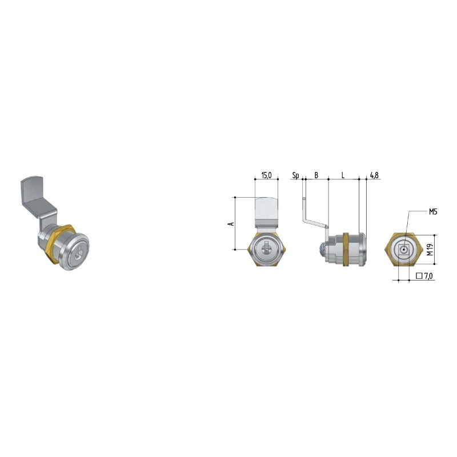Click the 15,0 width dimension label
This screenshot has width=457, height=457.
click(266, 175)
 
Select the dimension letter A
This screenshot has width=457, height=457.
click(231, 223)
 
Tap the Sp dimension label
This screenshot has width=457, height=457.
click(295, 175)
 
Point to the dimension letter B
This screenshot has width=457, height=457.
click(316, 175)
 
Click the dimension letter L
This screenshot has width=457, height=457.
click(343, 175)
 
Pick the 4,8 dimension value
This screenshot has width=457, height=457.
click(374, 175)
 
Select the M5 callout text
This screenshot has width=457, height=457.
click(433, 212)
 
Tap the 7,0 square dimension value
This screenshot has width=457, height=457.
click(429, 276)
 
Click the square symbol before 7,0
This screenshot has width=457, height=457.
click(419, 276)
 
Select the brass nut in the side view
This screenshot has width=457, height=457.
click(346, 250)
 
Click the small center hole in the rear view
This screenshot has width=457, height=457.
click(404, 250)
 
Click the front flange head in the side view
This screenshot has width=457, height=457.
click(363, 250)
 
